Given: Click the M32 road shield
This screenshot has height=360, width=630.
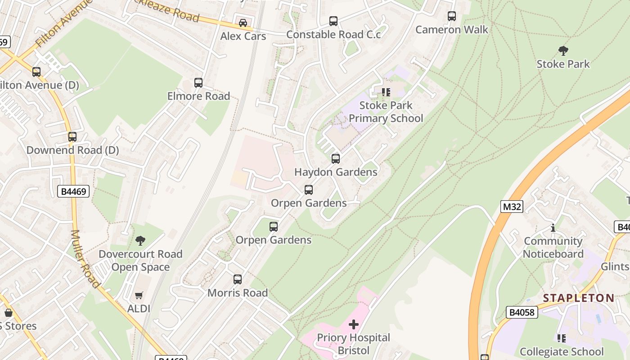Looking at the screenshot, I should pyautogui.click(x=512, y=207).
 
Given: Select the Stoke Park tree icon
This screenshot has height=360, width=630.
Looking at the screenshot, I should pyautogui.click(x=563, y=50).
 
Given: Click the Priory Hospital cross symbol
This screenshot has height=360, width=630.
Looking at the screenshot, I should pyautogui.click(x=354, y=324).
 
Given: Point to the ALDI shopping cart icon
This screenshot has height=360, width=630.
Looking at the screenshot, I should pyautogui.click(x=139, y=296).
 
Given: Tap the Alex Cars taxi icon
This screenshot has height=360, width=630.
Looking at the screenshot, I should pyautogui.click(x=243, y=22).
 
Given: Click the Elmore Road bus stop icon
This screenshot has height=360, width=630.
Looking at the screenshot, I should pyautogui.click(x=198, y=83).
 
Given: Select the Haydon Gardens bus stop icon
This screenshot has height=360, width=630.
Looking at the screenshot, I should pyautogui.click(x=336, y=159).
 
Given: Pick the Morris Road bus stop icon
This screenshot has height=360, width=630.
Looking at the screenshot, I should pyautogui.click(x=238, y=279).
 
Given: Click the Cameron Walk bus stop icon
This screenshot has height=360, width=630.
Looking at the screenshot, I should pyautogui.click(x=452, y=16).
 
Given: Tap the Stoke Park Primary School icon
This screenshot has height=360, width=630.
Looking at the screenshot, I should pyautogui.click(x=386, y=92).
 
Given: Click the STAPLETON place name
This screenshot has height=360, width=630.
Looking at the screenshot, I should pyautogui.click(x=578, y=298).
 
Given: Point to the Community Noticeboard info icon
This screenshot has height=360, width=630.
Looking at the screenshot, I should pyautogui.click(x=553, y=228).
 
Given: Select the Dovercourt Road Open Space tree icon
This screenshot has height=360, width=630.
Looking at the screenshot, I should pyautogui.click(x=140, y=241).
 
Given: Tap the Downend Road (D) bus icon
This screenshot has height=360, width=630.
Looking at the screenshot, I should pyautogui.click(x=72, y=137).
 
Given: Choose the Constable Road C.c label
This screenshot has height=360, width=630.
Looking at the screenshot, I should pyautogui.click(x=333, y=35).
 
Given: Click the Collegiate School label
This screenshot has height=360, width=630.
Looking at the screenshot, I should pyautogui.click(x=562, y=351).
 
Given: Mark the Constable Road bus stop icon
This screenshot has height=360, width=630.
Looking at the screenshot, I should pyautogui.click(x=333, y=21).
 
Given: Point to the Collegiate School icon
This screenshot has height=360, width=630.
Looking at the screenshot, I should pyautogui.click(x=561, y=338).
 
